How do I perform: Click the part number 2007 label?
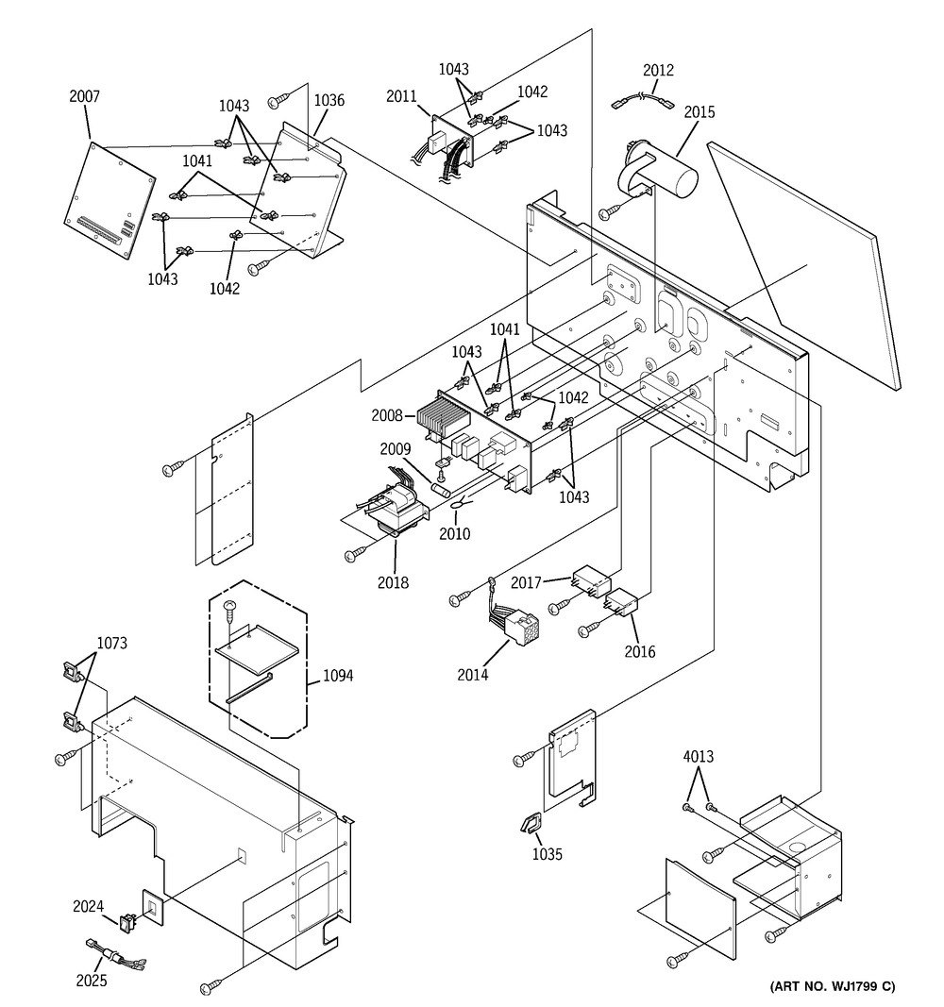click(x=85, y=96)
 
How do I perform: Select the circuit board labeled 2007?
click(x=110, y=200)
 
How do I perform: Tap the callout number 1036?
click(x=329, y=100)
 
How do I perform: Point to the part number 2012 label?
click(x=658, y=70)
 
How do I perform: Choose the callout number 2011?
click(x=401, y=96)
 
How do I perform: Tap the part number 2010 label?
click(x=455, y=533)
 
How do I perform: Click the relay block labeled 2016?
click(x=621, y=603)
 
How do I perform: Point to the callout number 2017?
click(x=527, y=582)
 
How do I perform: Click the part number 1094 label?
click(x=338, y=676)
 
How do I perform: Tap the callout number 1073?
click(x=111, y=643)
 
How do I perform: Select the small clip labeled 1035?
click(x=531, y=824)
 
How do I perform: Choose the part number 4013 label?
click(x=698, y=757)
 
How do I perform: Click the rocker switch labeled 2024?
click(x=126, y=923)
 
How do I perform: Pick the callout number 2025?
click(x=92, y=981)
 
